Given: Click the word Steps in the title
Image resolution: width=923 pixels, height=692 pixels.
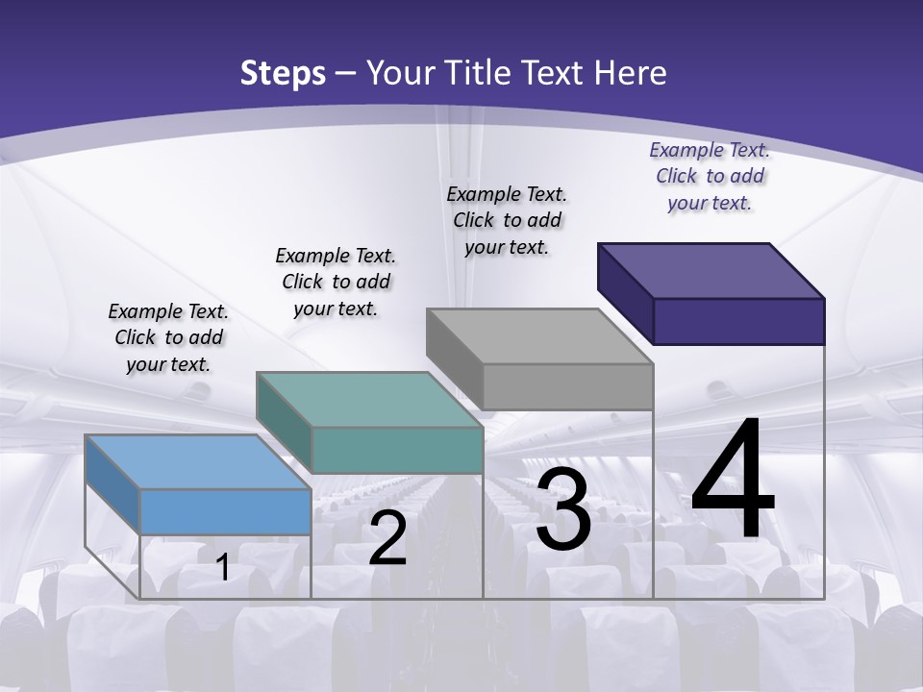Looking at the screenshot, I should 283,73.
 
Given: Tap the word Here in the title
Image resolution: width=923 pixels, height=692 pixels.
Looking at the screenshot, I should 631,73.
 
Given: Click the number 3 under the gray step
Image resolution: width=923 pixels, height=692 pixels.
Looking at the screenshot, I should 563,509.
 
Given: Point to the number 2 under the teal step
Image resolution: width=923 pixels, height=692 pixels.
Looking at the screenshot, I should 387,538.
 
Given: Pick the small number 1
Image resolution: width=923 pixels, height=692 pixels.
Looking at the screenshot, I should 223,567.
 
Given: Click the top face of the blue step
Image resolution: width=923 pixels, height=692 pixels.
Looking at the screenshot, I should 197,461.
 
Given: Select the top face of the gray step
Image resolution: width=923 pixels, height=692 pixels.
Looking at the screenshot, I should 539,336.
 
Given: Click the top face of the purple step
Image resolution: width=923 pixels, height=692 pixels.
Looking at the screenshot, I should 711,270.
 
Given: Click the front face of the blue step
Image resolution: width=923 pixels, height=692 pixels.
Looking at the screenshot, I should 225,511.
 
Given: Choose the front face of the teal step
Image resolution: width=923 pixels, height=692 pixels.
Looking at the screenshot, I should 397,450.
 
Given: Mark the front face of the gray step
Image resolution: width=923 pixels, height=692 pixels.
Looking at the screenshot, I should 568,386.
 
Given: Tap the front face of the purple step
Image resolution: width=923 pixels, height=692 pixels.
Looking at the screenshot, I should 739,321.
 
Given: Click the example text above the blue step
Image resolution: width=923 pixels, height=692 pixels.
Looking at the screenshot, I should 168,337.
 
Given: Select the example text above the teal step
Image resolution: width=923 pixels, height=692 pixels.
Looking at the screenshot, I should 336,282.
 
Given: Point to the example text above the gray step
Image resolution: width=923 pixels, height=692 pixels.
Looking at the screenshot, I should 507,220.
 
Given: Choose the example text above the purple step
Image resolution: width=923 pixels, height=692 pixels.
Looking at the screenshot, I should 710,176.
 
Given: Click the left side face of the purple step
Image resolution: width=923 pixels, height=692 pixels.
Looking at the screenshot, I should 625,292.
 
